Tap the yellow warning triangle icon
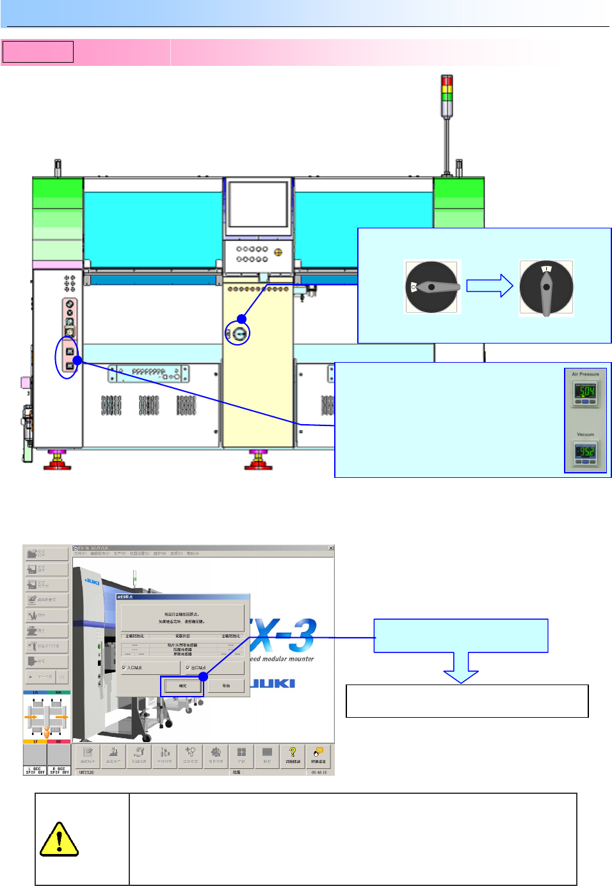(x=59, y=839)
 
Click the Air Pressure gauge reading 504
(x=585, y=392)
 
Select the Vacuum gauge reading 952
(x=585, y=452)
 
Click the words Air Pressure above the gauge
(x=585, y=374)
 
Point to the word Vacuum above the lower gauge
(x=585, y=434)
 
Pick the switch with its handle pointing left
(x=432, y=287)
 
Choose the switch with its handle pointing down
(x=546, y=288)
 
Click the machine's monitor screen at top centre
(x=258, y=205)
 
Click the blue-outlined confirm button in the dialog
(x=182, y=686)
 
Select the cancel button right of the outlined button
(x=226, y=686)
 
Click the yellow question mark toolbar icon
(x=293, y=753)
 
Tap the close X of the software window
(x=331, y=548)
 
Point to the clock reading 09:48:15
(x=319, y=772)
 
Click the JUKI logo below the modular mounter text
(x=273, y=683)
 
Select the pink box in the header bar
(x=38, y=52)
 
